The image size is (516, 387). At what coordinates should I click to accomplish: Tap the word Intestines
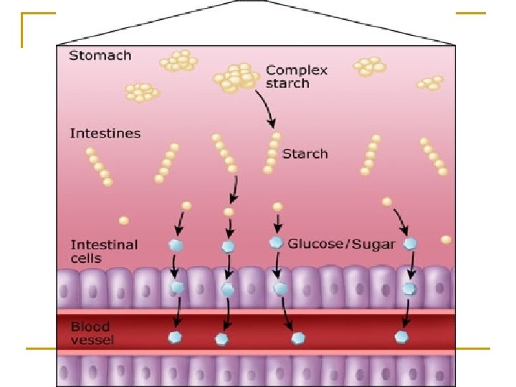pos(105,133)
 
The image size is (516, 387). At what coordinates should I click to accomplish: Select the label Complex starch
pos(296,77)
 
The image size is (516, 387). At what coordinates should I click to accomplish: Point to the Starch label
pos(305,153)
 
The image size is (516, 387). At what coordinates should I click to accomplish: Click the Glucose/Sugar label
pos(341,244)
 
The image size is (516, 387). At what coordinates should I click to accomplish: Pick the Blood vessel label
pos(92,333)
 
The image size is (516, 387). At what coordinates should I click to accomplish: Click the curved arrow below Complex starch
pos(266,111)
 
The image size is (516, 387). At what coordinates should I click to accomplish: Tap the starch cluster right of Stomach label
pos(180,61)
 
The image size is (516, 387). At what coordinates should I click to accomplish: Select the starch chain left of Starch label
pos(271,153)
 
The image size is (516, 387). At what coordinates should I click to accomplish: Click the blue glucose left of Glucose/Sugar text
pos(276,243)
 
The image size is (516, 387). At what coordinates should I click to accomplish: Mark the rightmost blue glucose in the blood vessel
pos(402,337)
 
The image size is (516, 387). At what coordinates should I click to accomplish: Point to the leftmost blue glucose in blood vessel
pos(175,337)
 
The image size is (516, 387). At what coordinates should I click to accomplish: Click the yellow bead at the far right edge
pos(446,239)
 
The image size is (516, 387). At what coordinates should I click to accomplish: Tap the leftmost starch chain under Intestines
pos(99,167)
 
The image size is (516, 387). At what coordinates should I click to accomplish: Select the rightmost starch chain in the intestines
pos(433,156)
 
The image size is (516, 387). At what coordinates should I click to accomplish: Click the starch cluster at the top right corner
pos(431,83)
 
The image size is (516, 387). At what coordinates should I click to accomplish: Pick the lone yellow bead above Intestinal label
pos(124,220)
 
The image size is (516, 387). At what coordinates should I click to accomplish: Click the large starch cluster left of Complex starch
pos(234,77)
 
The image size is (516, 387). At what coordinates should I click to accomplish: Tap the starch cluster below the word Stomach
pos(141,92)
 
